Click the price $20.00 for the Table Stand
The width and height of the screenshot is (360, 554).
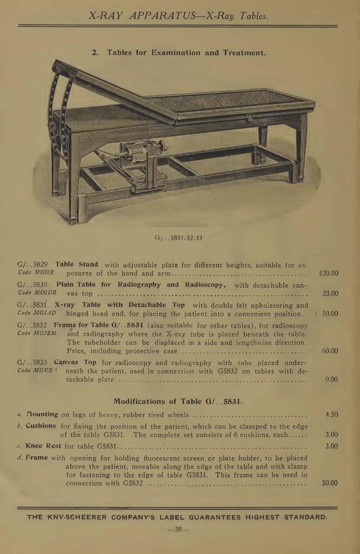[329, 273]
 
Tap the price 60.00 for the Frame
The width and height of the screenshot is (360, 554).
[330, 351]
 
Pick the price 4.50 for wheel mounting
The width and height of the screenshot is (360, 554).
[331, 414]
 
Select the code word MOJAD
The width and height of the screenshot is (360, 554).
[45, 313]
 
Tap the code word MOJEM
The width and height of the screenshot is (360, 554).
[45, 333]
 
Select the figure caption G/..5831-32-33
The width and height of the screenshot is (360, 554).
[178, 238]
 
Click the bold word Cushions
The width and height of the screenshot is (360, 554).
[41, 426]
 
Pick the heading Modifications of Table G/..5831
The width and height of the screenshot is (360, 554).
[178, 401]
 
